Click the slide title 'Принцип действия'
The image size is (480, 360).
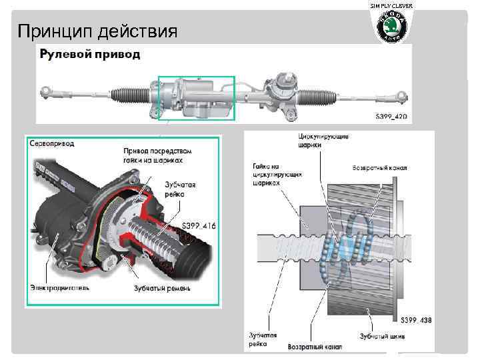(x=97, y=31)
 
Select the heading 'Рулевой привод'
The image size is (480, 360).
(x=91, y=54)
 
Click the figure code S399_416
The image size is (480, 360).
(x=198, y=226)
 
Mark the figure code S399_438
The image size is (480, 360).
(x=414, y=320)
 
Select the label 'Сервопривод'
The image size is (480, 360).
(x=51, y=143)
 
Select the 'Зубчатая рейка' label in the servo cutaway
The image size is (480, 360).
(x=179, y=188)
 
